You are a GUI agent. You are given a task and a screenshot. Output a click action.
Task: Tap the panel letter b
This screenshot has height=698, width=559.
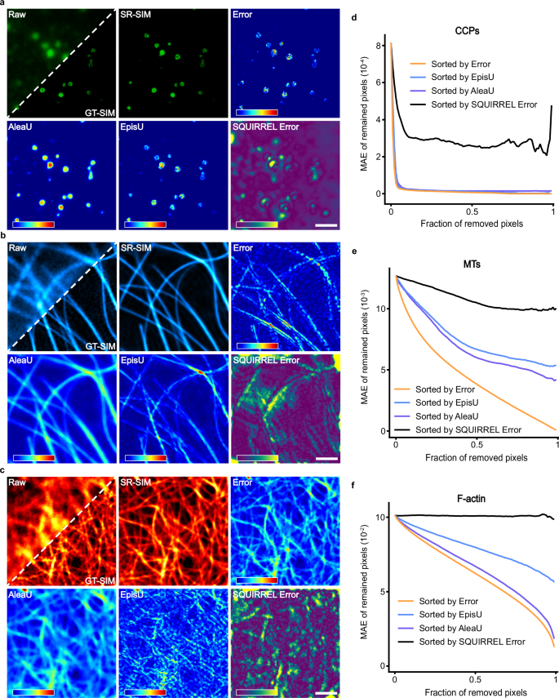[6, 238]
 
